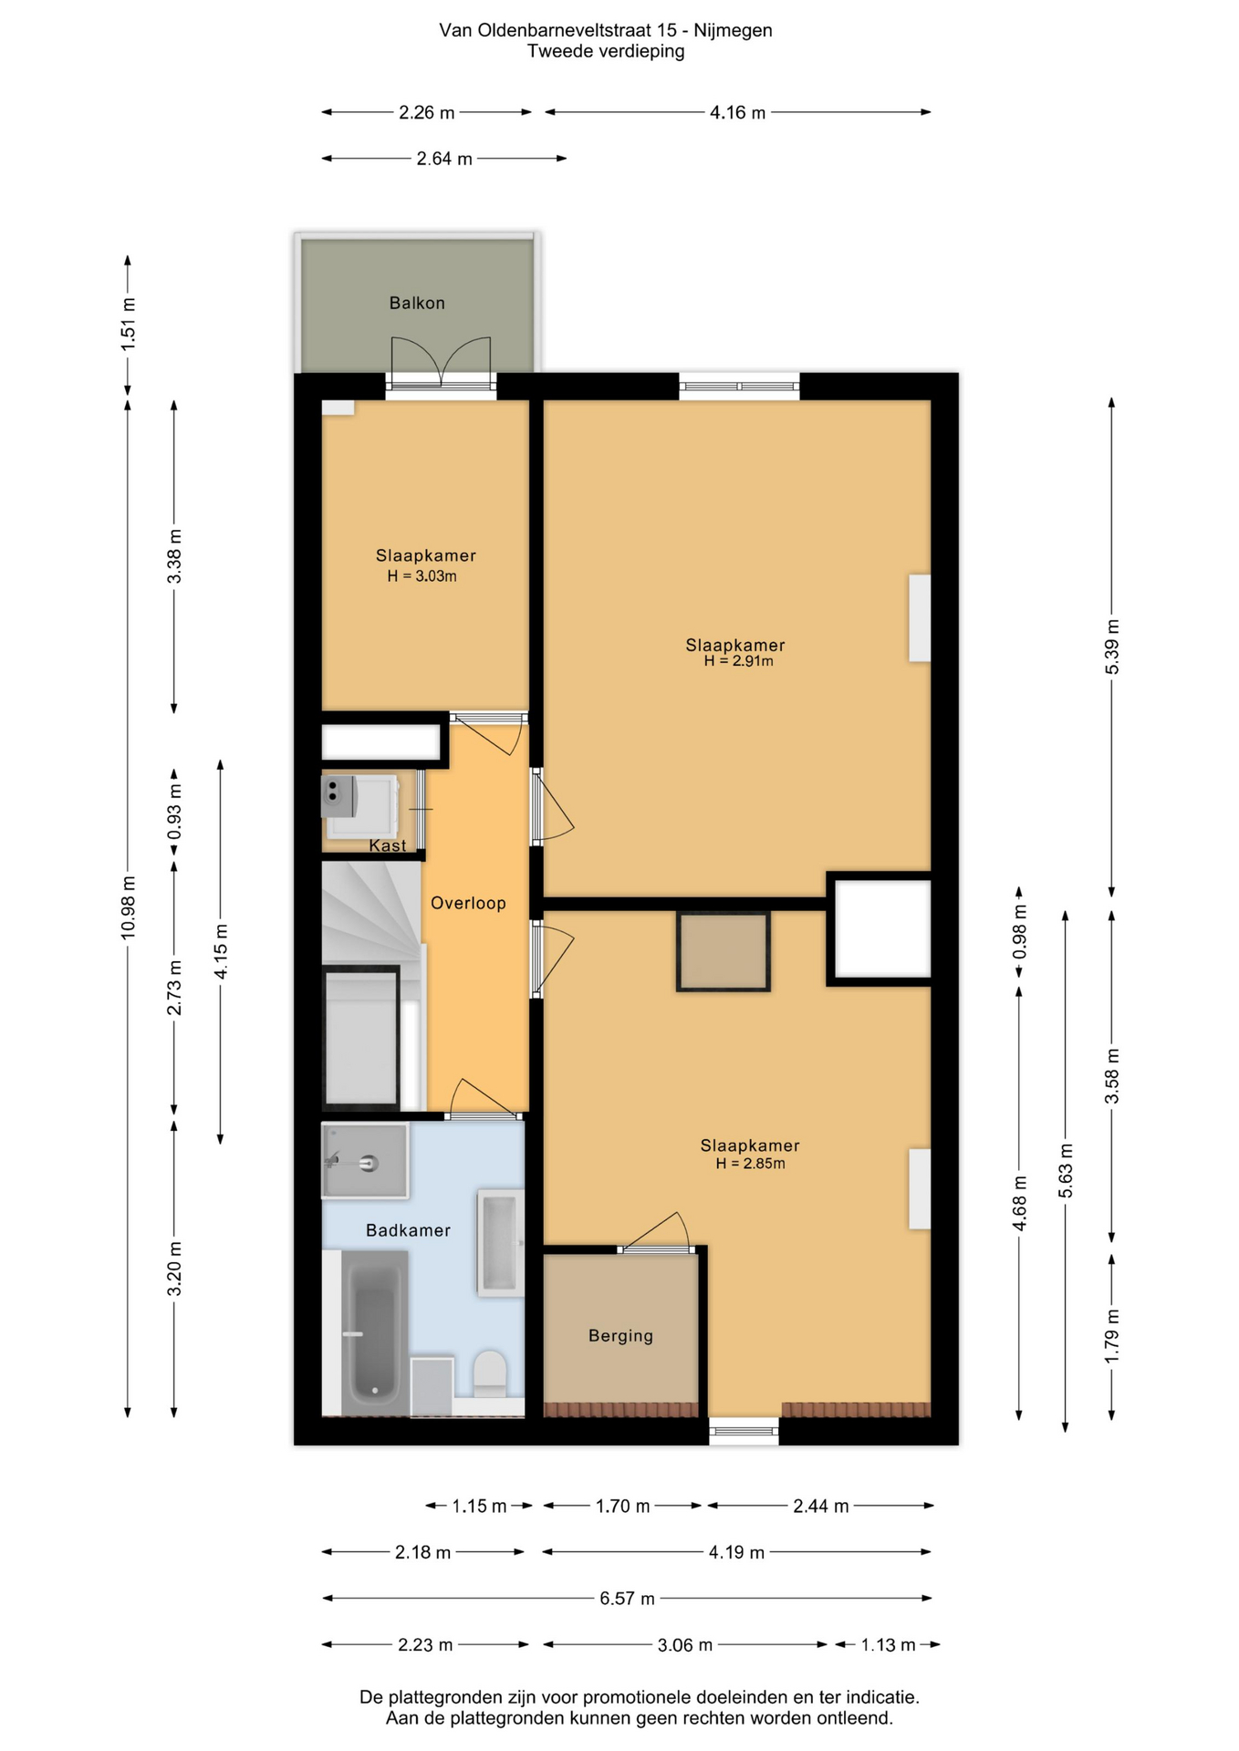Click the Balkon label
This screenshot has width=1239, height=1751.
click(417, 303)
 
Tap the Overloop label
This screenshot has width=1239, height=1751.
click(468, 903)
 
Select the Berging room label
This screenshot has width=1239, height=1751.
click(620, 1336)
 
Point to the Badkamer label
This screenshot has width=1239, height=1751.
click(408, 1230)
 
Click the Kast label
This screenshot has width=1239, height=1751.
click(388, 845)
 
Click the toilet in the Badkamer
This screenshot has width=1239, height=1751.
click(490, 1373)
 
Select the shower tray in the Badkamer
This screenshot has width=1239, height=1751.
click(365, 1160)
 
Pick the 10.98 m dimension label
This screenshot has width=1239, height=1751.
click(128, 907)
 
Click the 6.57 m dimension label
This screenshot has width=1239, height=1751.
click(627, 1598)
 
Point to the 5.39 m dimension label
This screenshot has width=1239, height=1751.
click(1111, 647)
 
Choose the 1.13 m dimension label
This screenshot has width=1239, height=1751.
click(888, 1644)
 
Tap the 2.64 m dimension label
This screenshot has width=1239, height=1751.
click(444, 159)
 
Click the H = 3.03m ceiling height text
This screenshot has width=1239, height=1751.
click(422, 576)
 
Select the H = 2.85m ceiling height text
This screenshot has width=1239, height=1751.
click(750, 1164)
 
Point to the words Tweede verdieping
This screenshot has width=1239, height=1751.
click(606, 51)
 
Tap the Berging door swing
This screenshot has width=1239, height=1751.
click(655, 1231)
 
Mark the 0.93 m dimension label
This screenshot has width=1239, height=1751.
click(174, 812)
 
